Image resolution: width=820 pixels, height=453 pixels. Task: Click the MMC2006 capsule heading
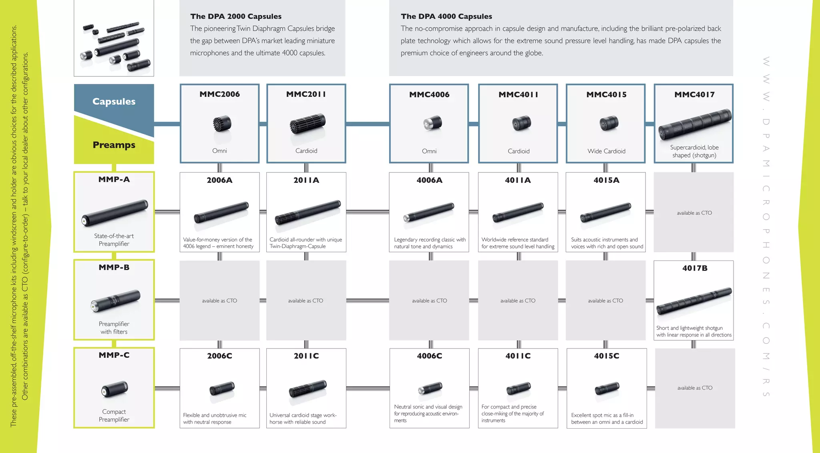pyautogui.click(x=219, y=94)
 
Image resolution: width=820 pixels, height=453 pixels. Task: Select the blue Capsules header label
pyautogui.click(x=114, y=102)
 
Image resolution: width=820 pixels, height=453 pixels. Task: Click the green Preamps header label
pyautogui.click(x=114, y=145)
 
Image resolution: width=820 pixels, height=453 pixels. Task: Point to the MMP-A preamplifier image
pyautogui.click(x=115, y=212)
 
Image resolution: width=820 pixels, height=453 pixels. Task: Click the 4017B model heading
pyautogui.click(x=695, y=268)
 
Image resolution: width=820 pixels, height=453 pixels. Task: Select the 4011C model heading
pyautogui.click(x=518, y=356)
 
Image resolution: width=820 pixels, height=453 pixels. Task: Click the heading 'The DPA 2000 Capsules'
pyautogui.click(x=236, y=16)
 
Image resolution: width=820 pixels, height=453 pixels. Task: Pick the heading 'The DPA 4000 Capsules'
pyautogui.click(x=446, y=16)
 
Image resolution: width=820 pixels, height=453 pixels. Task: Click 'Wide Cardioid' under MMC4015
pyautogui.click(x=606, y=151)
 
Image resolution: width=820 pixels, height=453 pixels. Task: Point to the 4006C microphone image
pyautogui.click(x=430, y=388)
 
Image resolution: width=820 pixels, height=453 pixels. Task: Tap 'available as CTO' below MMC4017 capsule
pyautogui.click(x=694, y=213)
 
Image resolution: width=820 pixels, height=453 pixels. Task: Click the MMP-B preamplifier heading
pyautogui.click(x=114, y=267)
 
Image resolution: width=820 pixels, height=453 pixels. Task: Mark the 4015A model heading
pyautogui.click(x=606, y=180)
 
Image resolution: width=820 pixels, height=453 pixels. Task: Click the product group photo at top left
pyautogui.click(x=114, y=38)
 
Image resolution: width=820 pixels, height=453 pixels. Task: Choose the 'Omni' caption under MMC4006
pyautogui.click(x=429, y=151)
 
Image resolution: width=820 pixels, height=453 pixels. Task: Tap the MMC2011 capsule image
pyautogui.click(x=307, y=124)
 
